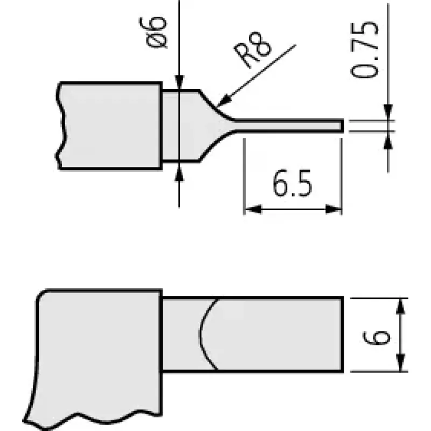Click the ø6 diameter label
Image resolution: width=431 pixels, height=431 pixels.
(154, 32)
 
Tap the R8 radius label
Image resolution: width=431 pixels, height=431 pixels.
(253, 50)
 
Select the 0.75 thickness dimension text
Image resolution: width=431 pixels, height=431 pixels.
(364, 50)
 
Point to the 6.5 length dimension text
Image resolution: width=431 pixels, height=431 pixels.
(293, 183)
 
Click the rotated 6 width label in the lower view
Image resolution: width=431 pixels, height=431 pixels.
(377, 337)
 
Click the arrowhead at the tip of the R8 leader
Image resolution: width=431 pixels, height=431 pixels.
(223, 101)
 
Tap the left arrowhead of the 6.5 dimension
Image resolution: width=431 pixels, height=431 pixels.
(253, 210)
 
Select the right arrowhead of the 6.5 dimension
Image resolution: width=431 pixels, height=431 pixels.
(333, 210)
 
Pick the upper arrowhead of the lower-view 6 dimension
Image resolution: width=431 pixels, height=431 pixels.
(401, 306)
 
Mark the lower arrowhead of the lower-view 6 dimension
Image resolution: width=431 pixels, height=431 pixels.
(401, 363)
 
